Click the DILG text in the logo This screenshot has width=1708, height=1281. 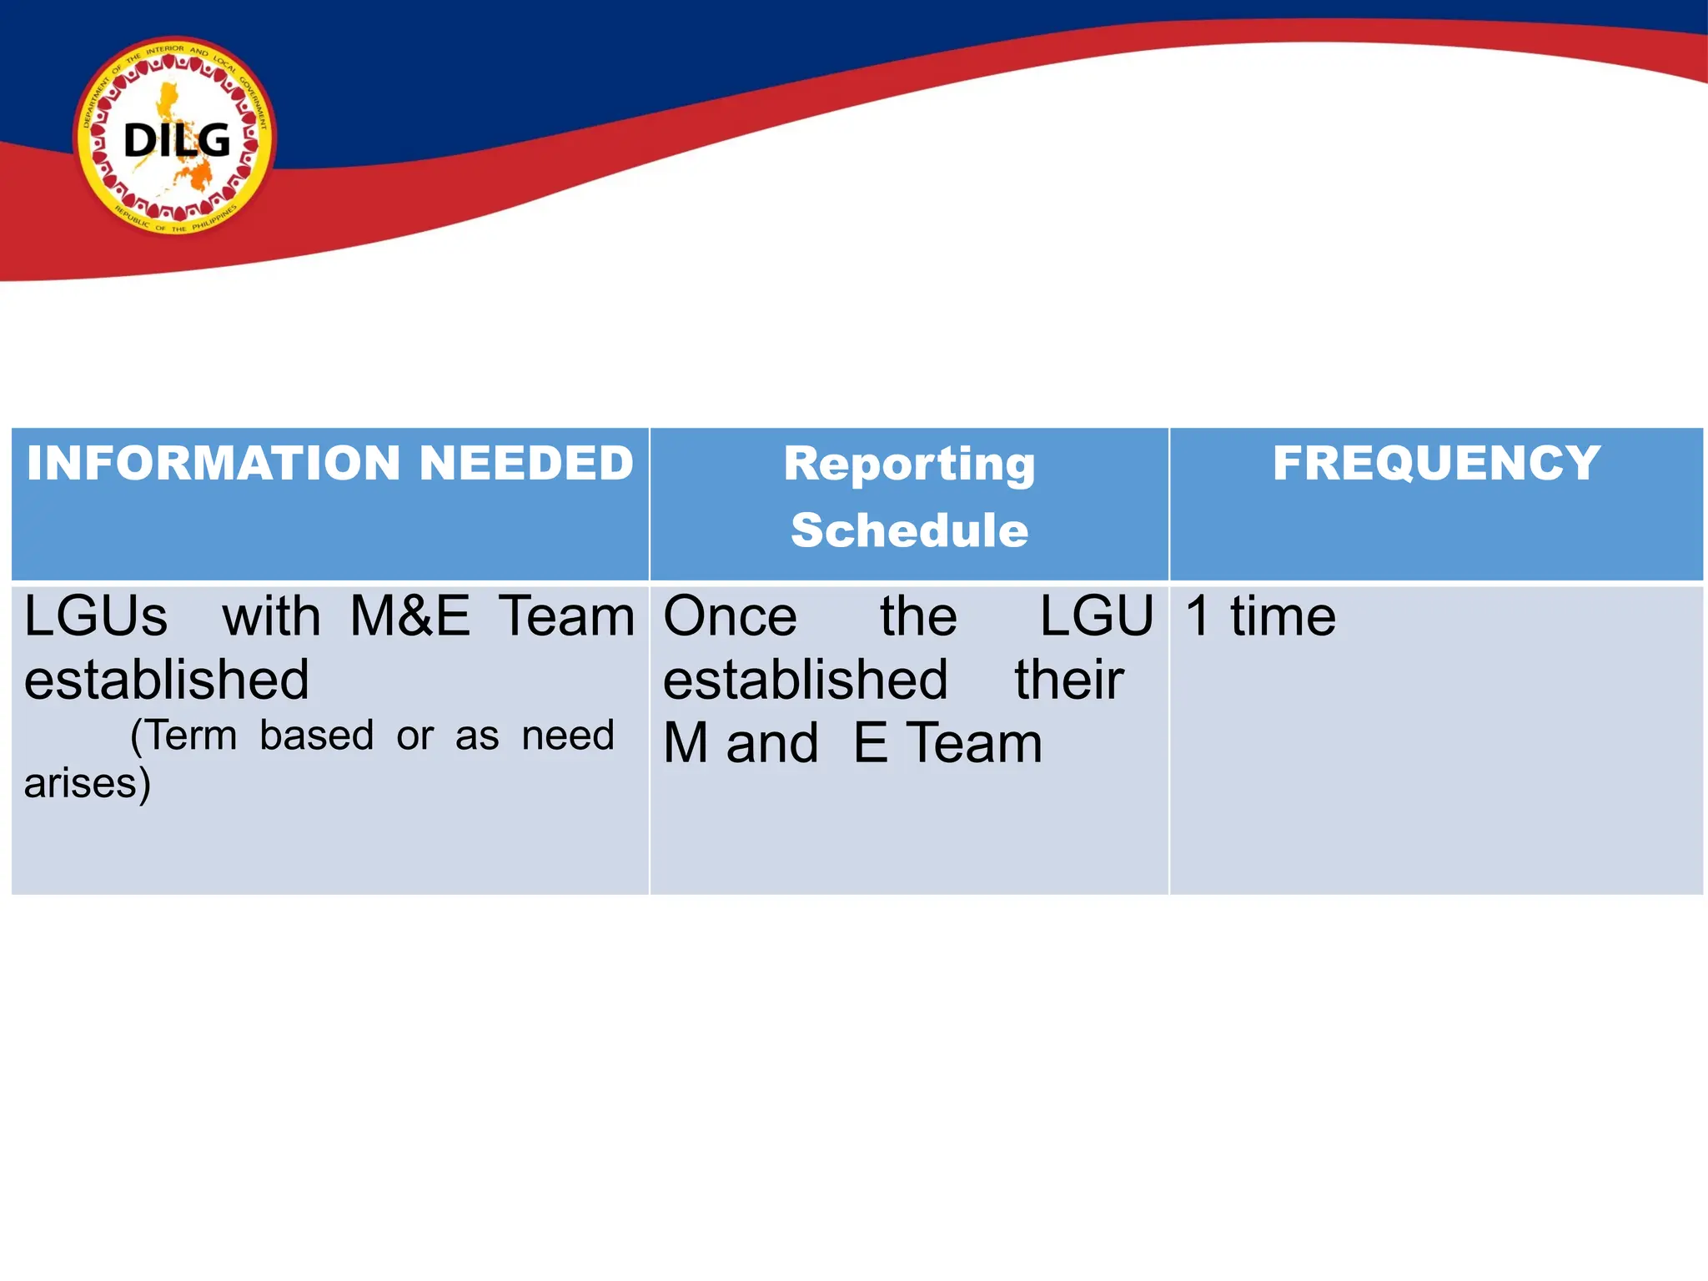pos(177,140)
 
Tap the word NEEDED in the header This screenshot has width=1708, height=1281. pos(526,463)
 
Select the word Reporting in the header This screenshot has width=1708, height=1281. pos(909,465)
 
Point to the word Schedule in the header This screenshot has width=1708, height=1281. pos(909,530)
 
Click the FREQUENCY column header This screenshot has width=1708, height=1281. pos(1436,463)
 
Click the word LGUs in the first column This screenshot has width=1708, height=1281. pos(96,617)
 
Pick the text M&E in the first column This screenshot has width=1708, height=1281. pos(409,617)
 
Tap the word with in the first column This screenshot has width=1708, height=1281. pos(271,617)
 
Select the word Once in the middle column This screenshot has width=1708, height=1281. pos(730,617)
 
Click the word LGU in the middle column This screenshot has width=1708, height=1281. pos(1097,617)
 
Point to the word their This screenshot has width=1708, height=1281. pos(1069,680)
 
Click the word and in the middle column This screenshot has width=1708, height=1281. pos(772,744)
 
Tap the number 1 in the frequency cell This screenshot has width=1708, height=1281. pos(1198,617)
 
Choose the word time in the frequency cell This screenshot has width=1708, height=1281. pos(1283,617)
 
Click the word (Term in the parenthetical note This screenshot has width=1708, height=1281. pos(183,736)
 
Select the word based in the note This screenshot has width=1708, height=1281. pos(316,736)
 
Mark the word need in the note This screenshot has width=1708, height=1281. pos(567,736)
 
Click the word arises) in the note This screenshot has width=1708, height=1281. pos(88,784)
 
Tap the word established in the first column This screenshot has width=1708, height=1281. pos(167,680)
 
